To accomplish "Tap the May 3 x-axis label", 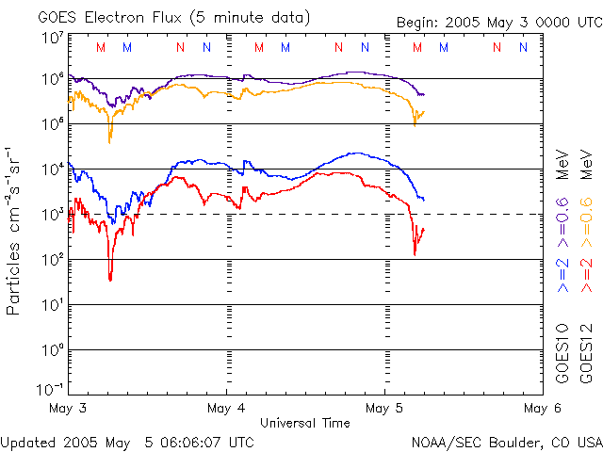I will [68, 408].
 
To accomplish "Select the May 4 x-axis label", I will [226, 408].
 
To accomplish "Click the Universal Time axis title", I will [305, 423].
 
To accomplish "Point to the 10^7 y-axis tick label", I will [53, 38].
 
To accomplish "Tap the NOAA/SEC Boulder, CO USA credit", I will [506, 441].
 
